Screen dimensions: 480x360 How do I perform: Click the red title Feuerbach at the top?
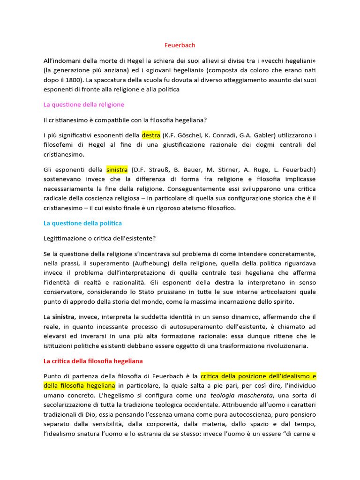[x=180, y=45]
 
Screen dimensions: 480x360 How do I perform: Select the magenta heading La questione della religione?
[x=84, y=105]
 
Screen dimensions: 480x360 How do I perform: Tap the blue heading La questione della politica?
[x=82, y=223]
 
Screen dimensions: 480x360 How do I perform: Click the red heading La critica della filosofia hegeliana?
[x=93, y=361]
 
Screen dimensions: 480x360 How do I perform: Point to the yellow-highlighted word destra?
[x=151, y=135]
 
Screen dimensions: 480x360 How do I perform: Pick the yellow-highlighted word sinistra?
[x=117, y=169]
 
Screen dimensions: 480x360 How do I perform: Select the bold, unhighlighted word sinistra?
[x=63, y=317]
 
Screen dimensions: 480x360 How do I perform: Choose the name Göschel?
[x=187, y=135]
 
